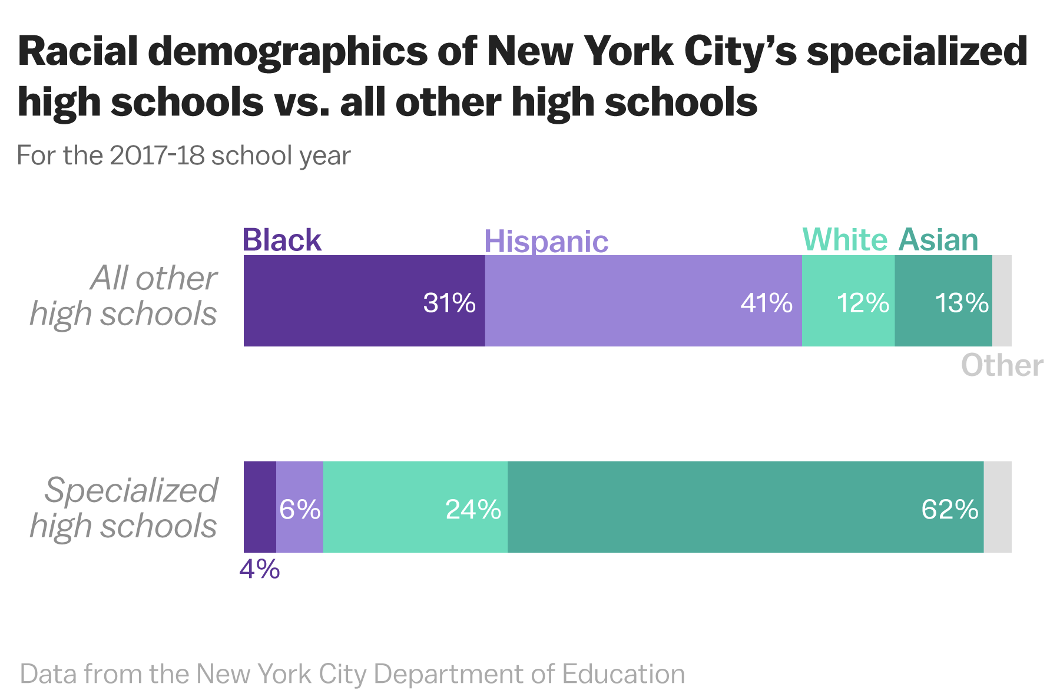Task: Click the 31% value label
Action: click(449, 303)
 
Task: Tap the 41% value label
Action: click(766, 303)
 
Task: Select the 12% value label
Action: click(863, 303)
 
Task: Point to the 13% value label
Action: click(961, 303)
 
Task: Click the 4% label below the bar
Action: click(259, 569)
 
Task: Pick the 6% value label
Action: click(300, 509)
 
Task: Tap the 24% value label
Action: click(473, 509)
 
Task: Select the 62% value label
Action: click(949, 509)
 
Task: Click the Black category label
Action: click(281, 240)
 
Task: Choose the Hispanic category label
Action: click(546, 242)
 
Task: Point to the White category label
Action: click(844, 240)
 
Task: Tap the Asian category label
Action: click(938, 240)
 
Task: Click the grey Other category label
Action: click(1002, 365)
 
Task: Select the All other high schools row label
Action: click(124, 295)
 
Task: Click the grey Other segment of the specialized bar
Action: click(998, 507)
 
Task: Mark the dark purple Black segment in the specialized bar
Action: click(260, 507)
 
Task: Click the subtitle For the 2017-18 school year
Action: click(184, 156)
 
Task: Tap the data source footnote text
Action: click(352, 673)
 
